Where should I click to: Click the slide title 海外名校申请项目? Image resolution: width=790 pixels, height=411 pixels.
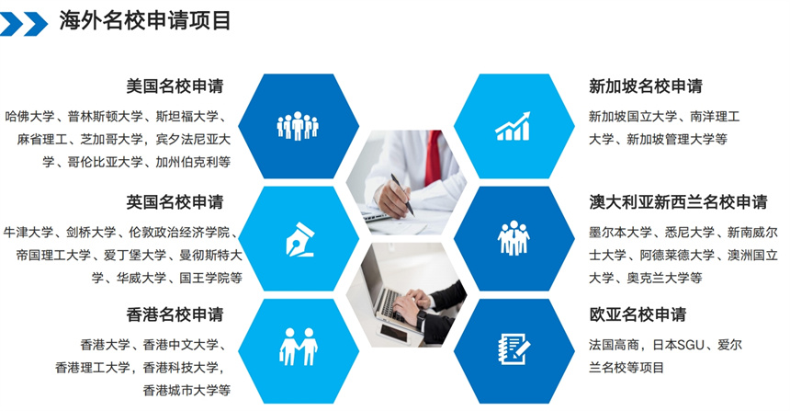(x=145, y=20)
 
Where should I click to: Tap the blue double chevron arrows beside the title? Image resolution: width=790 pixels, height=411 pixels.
(x=23, y=24)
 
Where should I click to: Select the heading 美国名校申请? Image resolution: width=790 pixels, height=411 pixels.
(x=175, y=86)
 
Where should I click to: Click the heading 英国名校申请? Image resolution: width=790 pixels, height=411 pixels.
(x=175, y=201)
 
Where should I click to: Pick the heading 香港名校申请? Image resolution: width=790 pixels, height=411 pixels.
(x=175, y=314)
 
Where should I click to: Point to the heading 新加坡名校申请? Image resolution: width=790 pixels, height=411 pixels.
(x=646, y=86)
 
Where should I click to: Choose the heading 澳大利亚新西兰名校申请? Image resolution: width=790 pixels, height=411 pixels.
(x=678, y=201)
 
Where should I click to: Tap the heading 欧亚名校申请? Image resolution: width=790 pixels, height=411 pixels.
(x=638, y=314)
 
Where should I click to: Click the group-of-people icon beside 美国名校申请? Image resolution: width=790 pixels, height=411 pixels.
(x=298, y=126)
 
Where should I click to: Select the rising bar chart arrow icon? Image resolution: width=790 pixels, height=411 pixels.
(x=513, y=126)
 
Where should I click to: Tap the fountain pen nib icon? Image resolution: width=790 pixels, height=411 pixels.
(x=299, y=239)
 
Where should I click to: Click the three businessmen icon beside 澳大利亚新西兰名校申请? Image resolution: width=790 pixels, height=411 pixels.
(x=513, y=237)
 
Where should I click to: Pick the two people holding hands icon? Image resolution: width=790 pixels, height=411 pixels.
(x=299, y=347)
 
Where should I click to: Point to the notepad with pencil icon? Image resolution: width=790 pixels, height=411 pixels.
(x=513, y=348)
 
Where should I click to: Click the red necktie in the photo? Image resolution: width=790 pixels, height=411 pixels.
(x=434, y=157)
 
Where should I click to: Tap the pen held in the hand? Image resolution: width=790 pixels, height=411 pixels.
(x=402, y=195)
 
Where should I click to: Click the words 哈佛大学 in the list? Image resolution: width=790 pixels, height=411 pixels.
(x=29, y=117)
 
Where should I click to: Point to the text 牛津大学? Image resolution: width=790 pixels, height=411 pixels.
(x=28, y=232)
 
